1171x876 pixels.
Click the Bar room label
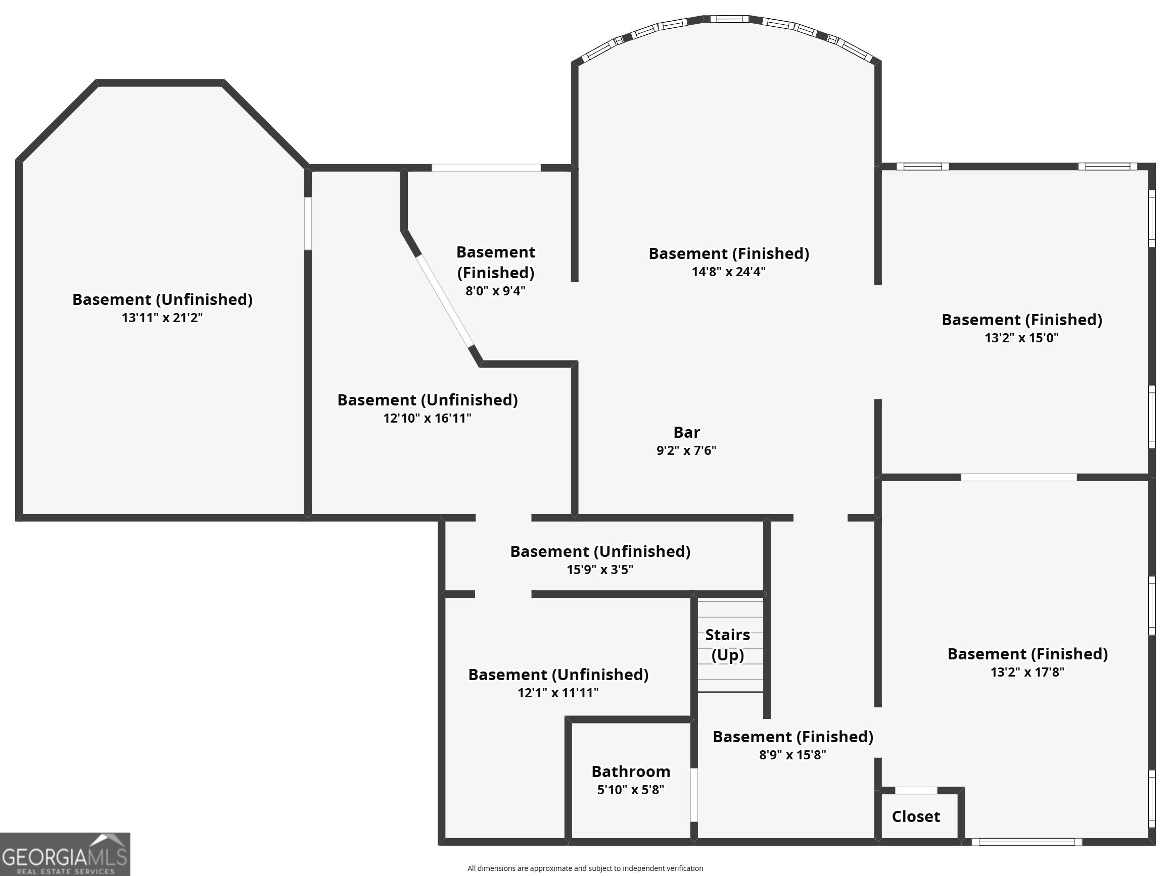tap(687, 432)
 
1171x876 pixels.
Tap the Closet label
tap(916, 816)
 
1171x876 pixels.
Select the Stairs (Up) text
tap(727, 645)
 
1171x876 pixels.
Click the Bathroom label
tap(631, 771)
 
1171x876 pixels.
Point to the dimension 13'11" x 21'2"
tap(162, 318)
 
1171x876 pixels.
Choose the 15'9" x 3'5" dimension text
tap(600, 570)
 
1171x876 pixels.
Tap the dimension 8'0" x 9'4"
tap(495, 291)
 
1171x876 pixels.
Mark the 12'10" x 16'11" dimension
tap(427, 419)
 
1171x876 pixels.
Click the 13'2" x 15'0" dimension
tap(1021, 338)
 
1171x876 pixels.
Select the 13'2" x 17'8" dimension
tap(1027, 673)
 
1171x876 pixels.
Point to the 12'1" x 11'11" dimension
tap(558, 693)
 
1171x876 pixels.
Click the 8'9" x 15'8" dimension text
tap(792, 755)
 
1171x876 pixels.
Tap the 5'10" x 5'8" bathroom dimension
tap(631, 790)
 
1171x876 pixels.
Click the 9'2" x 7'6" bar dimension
tap(686, 451)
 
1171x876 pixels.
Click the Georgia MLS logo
tap(65, 854)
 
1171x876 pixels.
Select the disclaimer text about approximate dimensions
tap(585, 868)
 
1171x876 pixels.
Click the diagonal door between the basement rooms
tap(445, 301)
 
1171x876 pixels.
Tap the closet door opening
tap(916, 790)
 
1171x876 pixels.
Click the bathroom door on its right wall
tap(694, 795)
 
